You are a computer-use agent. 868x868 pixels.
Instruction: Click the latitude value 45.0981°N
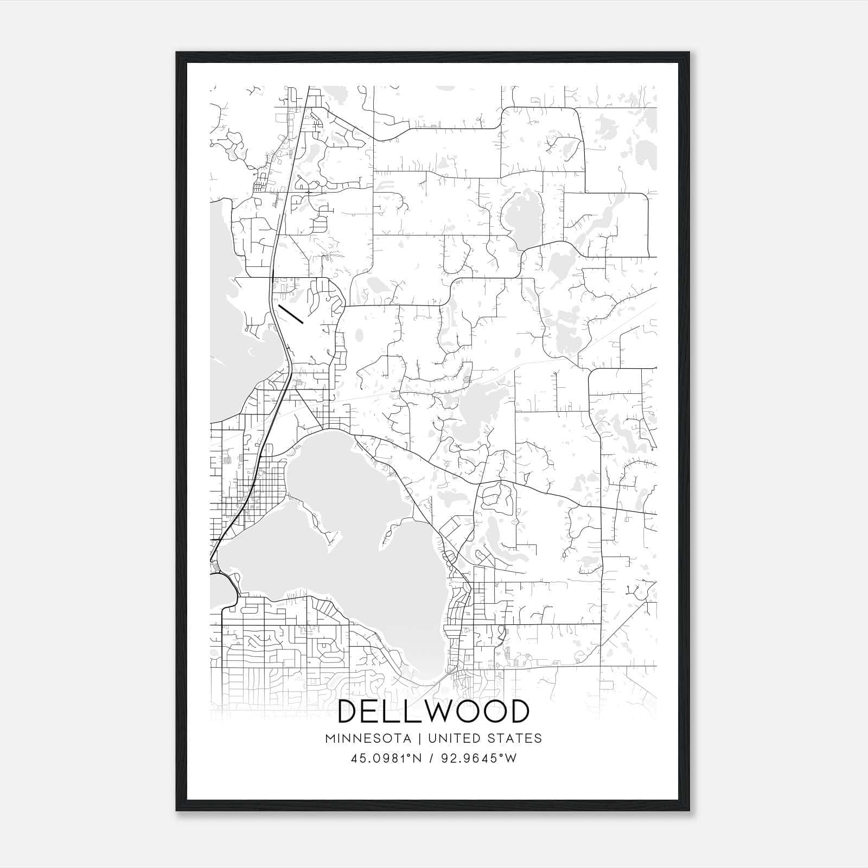tap(386, 758)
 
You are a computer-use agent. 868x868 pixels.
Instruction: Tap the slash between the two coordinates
tap(430, 758)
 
